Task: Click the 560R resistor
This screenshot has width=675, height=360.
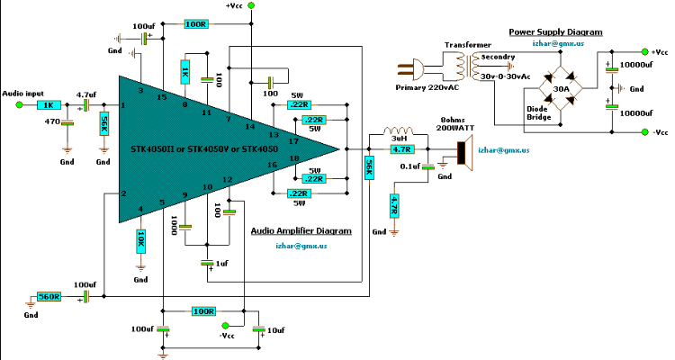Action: pos(49,296)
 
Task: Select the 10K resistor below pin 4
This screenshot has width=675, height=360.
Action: pos(140,242)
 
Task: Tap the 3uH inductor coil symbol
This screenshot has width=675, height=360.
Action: pos(398,130)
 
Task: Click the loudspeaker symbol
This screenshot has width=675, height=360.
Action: pos(465,153)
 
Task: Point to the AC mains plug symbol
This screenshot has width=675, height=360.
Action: pos(410,69)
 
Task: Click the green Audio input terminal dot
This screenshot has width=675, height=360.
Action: pos(19,104)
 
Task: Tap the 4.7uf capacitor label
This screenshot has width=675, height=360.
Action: pos(86,94)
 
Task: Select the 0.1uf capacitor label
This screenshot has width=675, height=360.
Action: pos(409,166)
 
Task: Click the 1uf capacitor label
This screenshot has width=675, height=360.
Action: pos(221,263)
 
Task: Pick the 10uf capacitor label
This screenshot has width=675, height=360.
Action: pos(276,330)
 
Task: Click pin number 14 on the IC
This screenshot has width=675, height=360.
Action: pos(250,126)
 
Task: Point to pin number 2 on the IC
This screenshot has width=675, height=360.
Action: pos(123,193)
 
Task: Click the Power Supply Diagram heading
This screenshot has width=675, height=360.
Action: pos(556,31)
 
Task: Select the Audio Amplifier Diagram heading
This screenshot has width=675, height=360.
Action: pos(301,230)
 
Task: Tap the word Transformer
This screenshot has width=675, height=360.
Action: pos(468,45)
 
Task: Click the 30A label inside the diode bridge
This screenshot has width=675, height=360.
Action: pos(561,89)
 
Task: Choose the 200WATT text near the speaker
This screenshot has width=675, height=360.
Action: pos(455,128)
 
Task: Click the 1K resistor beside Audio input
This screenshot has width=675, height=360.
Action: pos(49,104)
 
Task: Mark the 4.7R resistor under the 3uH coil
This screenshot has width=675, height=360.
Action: pos(402,149)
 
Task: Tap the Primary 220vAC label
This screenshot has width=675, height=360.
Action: pos(427,87)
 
